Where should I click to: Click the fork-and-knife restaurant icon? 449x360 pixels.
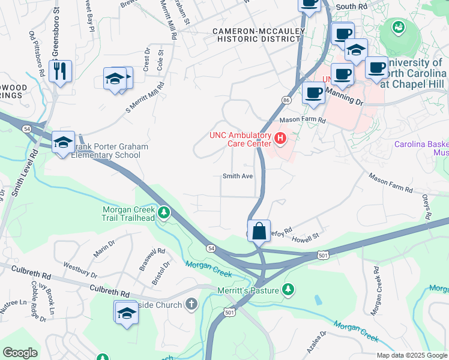click(x=61, y=71)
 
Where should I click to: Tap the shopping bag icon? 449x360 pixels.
click(x=259, y=230)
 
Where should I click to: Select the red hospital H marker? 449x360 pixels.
click(x=280, y=139)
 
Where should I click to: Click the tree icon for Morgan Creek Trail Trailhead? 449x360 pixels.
click(x=163, y=212)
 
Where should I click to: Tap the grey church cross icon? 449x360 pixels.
click(x=191, y=305)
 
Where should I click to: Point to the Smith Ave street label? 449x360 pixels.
click(x=237, y=176)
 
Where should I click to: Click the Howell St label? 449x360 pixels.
click(x=305, y=239)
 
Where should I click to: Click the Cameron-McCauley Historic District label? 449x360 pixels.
click(x=256, y=34)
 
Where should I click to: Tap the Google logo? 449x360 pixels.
click(x=20, y=352)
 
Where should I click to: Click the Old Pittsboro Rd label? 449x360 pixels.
click(x=37, y=53)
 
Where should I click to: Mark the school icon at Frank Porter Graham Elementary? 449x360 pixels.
click(x=63, y=143)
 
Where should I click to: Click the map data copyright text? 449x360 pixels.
click(x=411, y=355)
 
